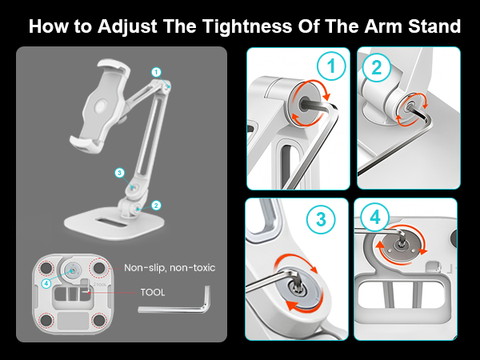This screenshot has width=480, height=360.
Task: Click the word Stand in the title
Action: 432,26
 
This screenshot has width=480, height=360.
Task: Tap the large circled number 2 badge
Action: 377,69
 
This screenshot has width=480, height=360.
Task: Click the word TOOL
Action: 152,293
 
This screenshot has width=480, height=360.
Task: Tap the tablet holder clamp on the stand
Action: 100,105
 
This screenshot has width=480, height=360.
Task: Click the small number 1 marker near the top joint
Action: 156,72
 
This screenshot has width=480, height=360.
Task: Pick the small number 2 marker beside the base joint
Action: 157,205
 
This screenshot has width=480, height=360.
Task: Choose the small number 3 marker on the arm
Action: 118,172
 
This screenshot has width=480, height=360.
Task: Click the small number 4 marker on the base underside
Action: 46,282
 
